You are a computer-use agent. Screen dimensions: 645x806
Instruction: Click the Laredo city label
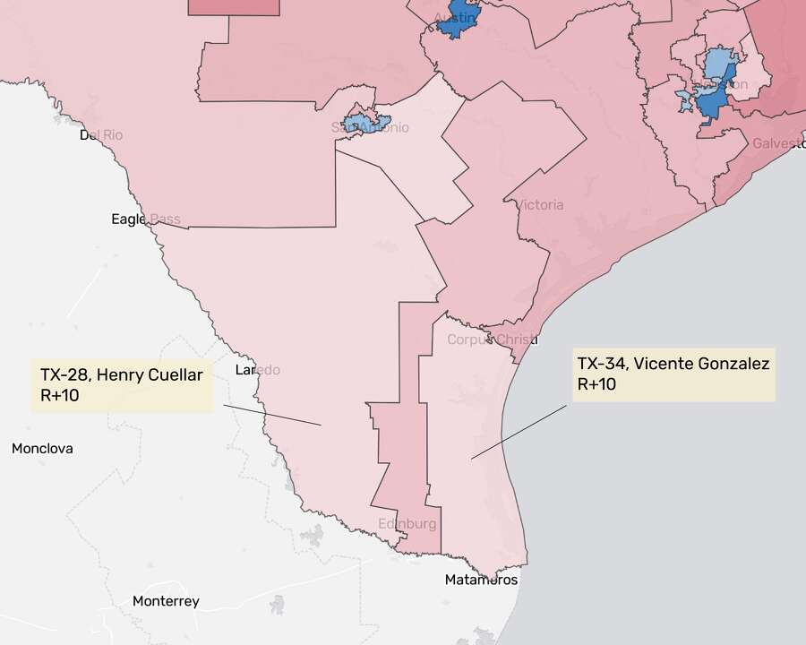pyautogui.click(x=257, y=370)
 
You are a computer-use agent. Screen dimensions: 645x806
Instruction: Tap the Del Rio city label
pyautogui.click(x=101, y=135)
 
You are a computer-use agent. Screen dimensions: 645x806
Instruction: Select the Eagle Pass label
pyautogui.click(x=145, y=219)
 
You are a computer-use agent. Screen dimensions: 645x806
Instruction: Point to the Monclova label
pyautogui.click(x=42, y=449)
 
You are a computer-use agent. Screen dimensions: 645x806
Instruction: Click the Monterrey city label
pyautogui.click(x=166, y=601)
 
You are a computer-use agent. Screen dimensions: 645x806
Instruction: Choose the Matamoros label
pyautogui.click(x=481, y=580)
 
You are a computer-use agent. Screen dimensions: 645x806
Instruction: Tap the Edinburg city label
pyautogui.click(x=407, y=523)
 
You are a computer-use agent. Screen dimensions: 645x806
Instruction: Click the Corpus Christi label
pyautogui.click(x=492, y=340)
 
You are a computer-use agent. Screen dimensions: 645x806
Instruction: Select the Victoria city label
pyautogui.click(x=540, y=205)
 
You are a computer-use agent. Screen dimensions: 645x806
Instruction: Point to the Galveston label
pyautogui.click(x=777, y=143)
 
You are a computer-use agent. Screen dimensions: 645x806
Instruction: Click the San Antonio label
pyautogui.click(x=371, y=127)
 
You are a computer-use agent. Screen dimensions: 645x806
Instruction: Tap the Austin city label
pyautogui.click(x=453, y=19)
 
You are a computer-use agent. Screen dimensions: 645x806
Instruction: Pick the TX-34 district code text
pyautogui.click(x=601, y=364)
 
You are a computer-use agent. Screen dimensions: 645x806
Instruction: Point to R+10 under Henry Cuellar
pyautogui.click(x=60, y=395)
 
